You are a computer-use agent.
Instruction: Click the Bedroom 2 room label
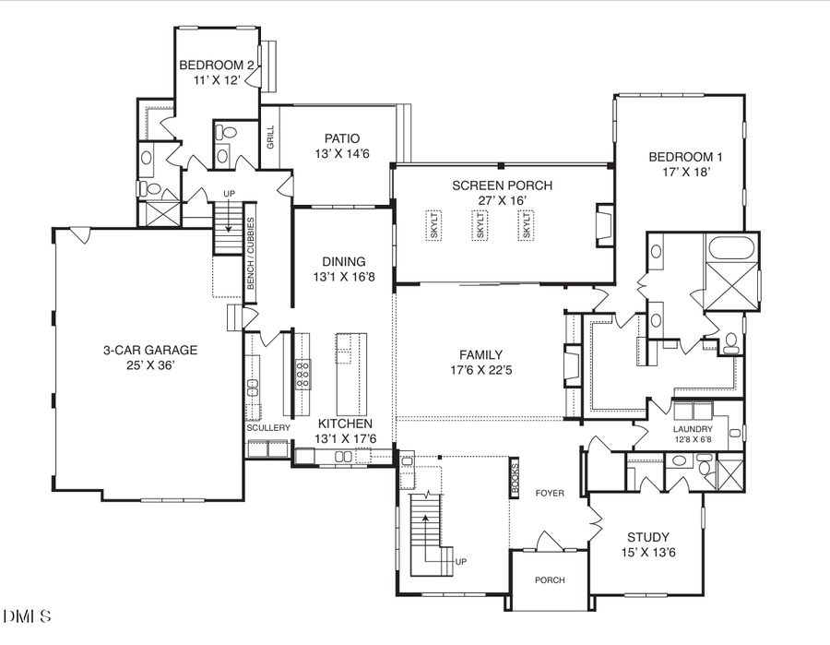pyautogui.click(x=217, y=66)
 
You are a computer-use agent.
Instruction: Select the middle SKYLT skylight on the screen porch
pyautogui.click(x=479, y=226)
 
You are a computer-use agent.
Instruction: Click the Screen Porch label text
pyautogui.click(x=503, y=185)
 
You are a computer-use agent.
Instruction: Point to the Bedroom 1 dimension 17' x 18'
pyautogui.click(x=679, y=172)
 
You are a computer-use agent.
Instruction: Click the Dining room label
pyautogui.click(x=344, y=261)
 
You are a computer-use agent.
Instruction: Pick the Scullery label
pyautogui.click(x=267, y=428)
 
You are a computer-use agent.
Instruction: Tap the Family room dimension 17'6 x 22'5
pyautogui.click(x=481, y=371)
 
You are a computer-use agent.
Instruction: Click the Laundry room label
pyautogui.click(x=694, y=429)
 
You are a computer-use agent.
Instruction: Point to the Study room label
pyautogui.click(x=648, y=537)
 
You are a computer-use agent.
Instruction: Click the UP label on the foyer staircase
pyautogui.click(x=461, y=561)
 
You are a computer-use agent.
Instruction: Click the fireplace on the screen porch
pyautogui.click(x=604, y=223)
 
